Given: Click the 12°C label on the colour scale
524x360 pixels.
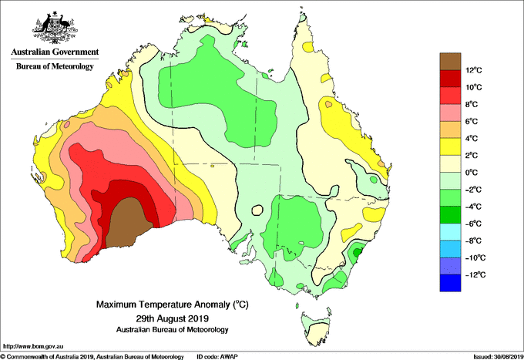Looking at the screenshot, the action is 474,70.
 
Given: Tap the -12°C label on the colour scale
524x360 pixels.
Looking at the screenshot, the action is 472,274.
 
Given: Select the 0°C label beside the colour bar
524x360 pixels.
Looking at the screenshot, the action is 472,173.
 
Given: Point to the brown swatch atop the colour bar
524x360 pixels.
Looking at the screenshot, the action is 450,62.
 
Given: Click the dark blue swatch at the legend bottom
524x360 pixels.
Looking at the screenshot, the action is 450,283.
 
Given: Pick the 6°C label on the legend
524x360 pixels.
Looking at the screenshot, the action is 472,121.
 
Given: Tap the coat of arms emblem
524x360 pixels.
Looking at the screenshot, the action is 55,28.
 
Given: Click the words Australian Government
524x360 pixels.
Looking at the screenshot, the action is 55,52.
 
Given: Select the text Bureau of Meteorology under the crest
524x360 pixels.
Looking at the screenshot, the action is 55,66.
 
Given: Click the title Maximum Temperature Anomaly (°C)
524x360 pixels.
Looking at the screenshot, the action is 173,304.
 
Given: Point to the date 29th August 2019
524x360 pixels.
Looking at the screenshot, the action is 173,318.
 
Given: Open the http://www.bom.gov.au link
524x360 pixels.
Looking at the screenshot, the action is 32,346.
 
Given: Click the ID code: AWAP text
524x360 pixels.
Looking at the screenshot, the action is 217,357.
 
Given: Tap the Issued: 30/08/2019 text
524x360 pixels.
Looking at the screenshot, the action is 499,357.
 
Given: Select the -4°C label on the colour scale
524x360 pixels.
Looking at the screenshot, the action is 472,207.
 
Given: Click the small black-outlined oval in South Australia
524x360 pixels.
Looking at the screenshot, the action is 257,210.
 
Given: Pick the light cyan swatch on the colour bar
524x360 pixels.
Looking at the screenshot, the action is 450,232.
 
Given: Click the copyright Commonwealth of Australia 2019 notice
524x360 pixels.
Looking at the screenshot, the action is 92,357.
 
